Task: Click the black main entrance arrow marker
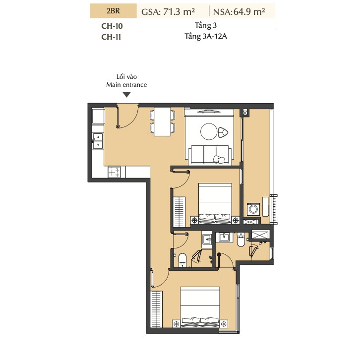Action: [126, 95]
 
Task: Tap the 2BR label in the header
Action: [113, 11]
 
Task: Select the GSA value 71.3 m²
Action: [179, 11]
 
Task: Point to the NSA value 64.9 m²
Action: [249, 11]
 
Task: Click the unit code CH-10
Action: [112, 26]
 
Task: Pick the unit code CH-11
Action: [111, 37]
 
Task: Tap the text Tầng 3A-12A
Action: [206, 36]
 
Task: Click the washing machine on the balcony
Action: [253, 209]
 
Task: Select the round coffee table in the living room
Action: [209, 131]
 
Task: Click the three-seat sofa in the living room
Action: [210, 154]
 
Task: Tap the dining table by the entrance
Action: [163, 121]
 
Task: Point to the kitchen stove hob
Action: [114, 172]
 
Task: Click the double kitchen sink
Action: [98, 141]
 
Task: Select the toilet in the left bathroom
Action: [182, 260]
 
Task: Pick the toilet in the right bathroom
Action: [241, 240]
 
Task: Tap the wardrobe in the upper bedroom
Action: [179, 212]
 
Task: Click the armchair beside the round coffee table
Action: [223, 132]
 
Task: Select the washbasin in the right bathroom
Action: [224, 237]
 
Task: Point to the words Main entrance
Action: [126, 85]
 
